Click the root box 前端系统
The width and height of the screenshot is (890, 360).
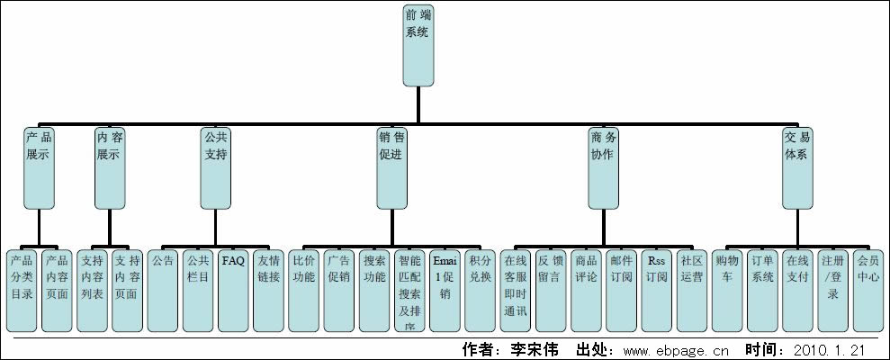[x=418, y=40]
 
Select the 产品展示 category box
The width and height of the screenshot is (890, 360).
[x=39, y=167]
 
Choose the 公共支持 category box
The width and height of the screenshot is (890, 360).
[x=216, y=167]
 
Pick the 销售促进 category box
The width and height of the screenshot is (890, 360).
[x=391, y=167]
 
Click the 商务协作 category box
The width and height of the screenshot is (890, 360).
[x=604, y=167]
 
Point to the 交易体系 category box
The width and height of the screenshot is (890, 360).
[x=796, y=167]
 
